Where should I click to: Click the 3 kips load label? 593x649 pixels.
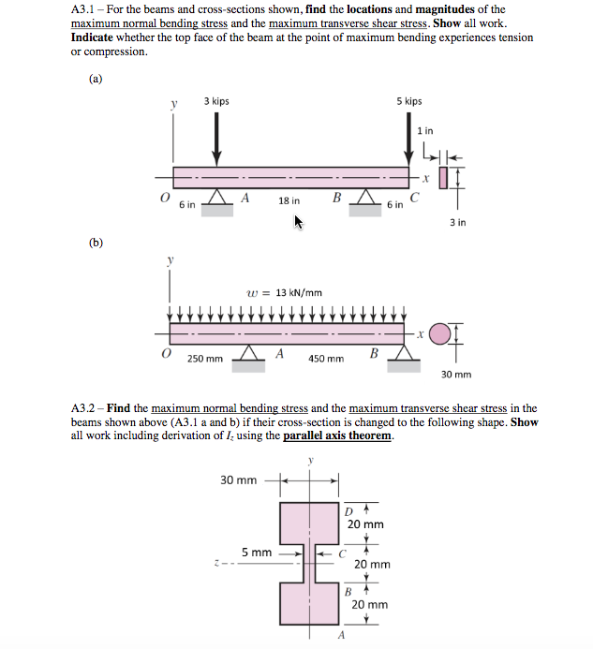(x=216, y=101)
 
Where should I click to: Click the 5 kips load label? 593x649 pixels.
(x=408, y=101)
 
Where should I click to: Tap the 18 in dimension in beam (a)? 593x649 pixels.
(x=289, y=201)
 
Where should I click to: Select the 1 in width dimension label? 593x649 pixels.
(x=425, y=130)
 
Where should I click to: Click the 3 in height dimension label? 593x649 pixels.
(x=457, y=223)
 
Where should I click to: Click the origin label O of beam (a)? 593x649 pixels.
(x=165, y=198)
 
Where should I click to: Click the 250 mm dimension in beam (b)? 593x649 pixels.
(x=204, y=359)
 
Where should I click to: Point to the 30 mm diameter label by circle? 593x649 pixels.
(x=456, y=375)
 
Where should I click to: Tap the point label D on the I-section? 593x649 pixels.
(x=348, y=511)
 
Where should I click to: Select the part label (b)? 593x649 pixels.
(x=96, y=243)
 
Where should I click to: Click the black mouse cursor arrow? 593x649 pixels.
(x=299, y=222)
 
